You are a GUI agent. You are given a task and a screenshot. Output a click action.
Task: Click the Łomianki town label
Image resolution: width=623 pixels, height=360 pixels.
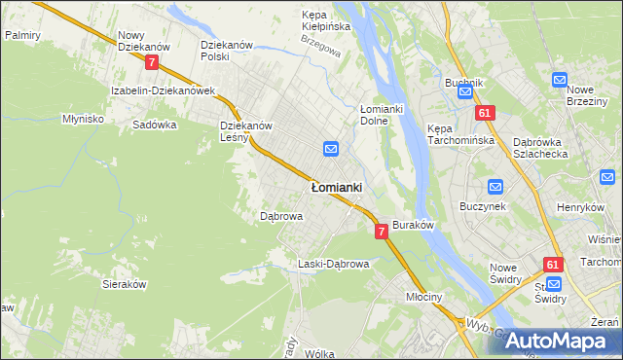click(x=336, y=186)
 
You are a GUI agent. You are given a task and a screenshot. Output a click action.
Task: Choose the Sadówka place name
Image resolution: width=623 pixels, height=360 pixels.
click(x=154, y=125)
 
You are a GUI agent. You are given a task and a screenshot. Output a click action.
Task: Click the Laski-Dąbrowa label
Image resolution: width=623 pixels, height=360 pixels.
click(x=333, y=264)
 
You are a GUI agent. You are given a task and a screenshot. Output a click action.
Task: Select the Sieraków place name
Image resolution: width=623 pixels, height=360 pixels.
click(x=124, y=284)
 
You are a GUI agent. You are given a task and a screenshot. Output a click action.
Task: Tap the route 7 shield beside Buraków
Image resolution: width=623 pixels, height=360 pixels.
click(x=381, y=231)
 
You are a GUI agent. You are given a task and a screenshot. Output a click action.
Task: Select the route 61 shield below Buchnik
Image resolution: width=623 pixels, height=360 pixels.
click(x=485, y=114)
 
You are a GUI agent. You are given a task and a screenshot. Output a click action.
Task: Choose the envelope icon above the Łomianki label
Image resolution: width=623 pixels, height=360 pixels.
click(x=330, y=149)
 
